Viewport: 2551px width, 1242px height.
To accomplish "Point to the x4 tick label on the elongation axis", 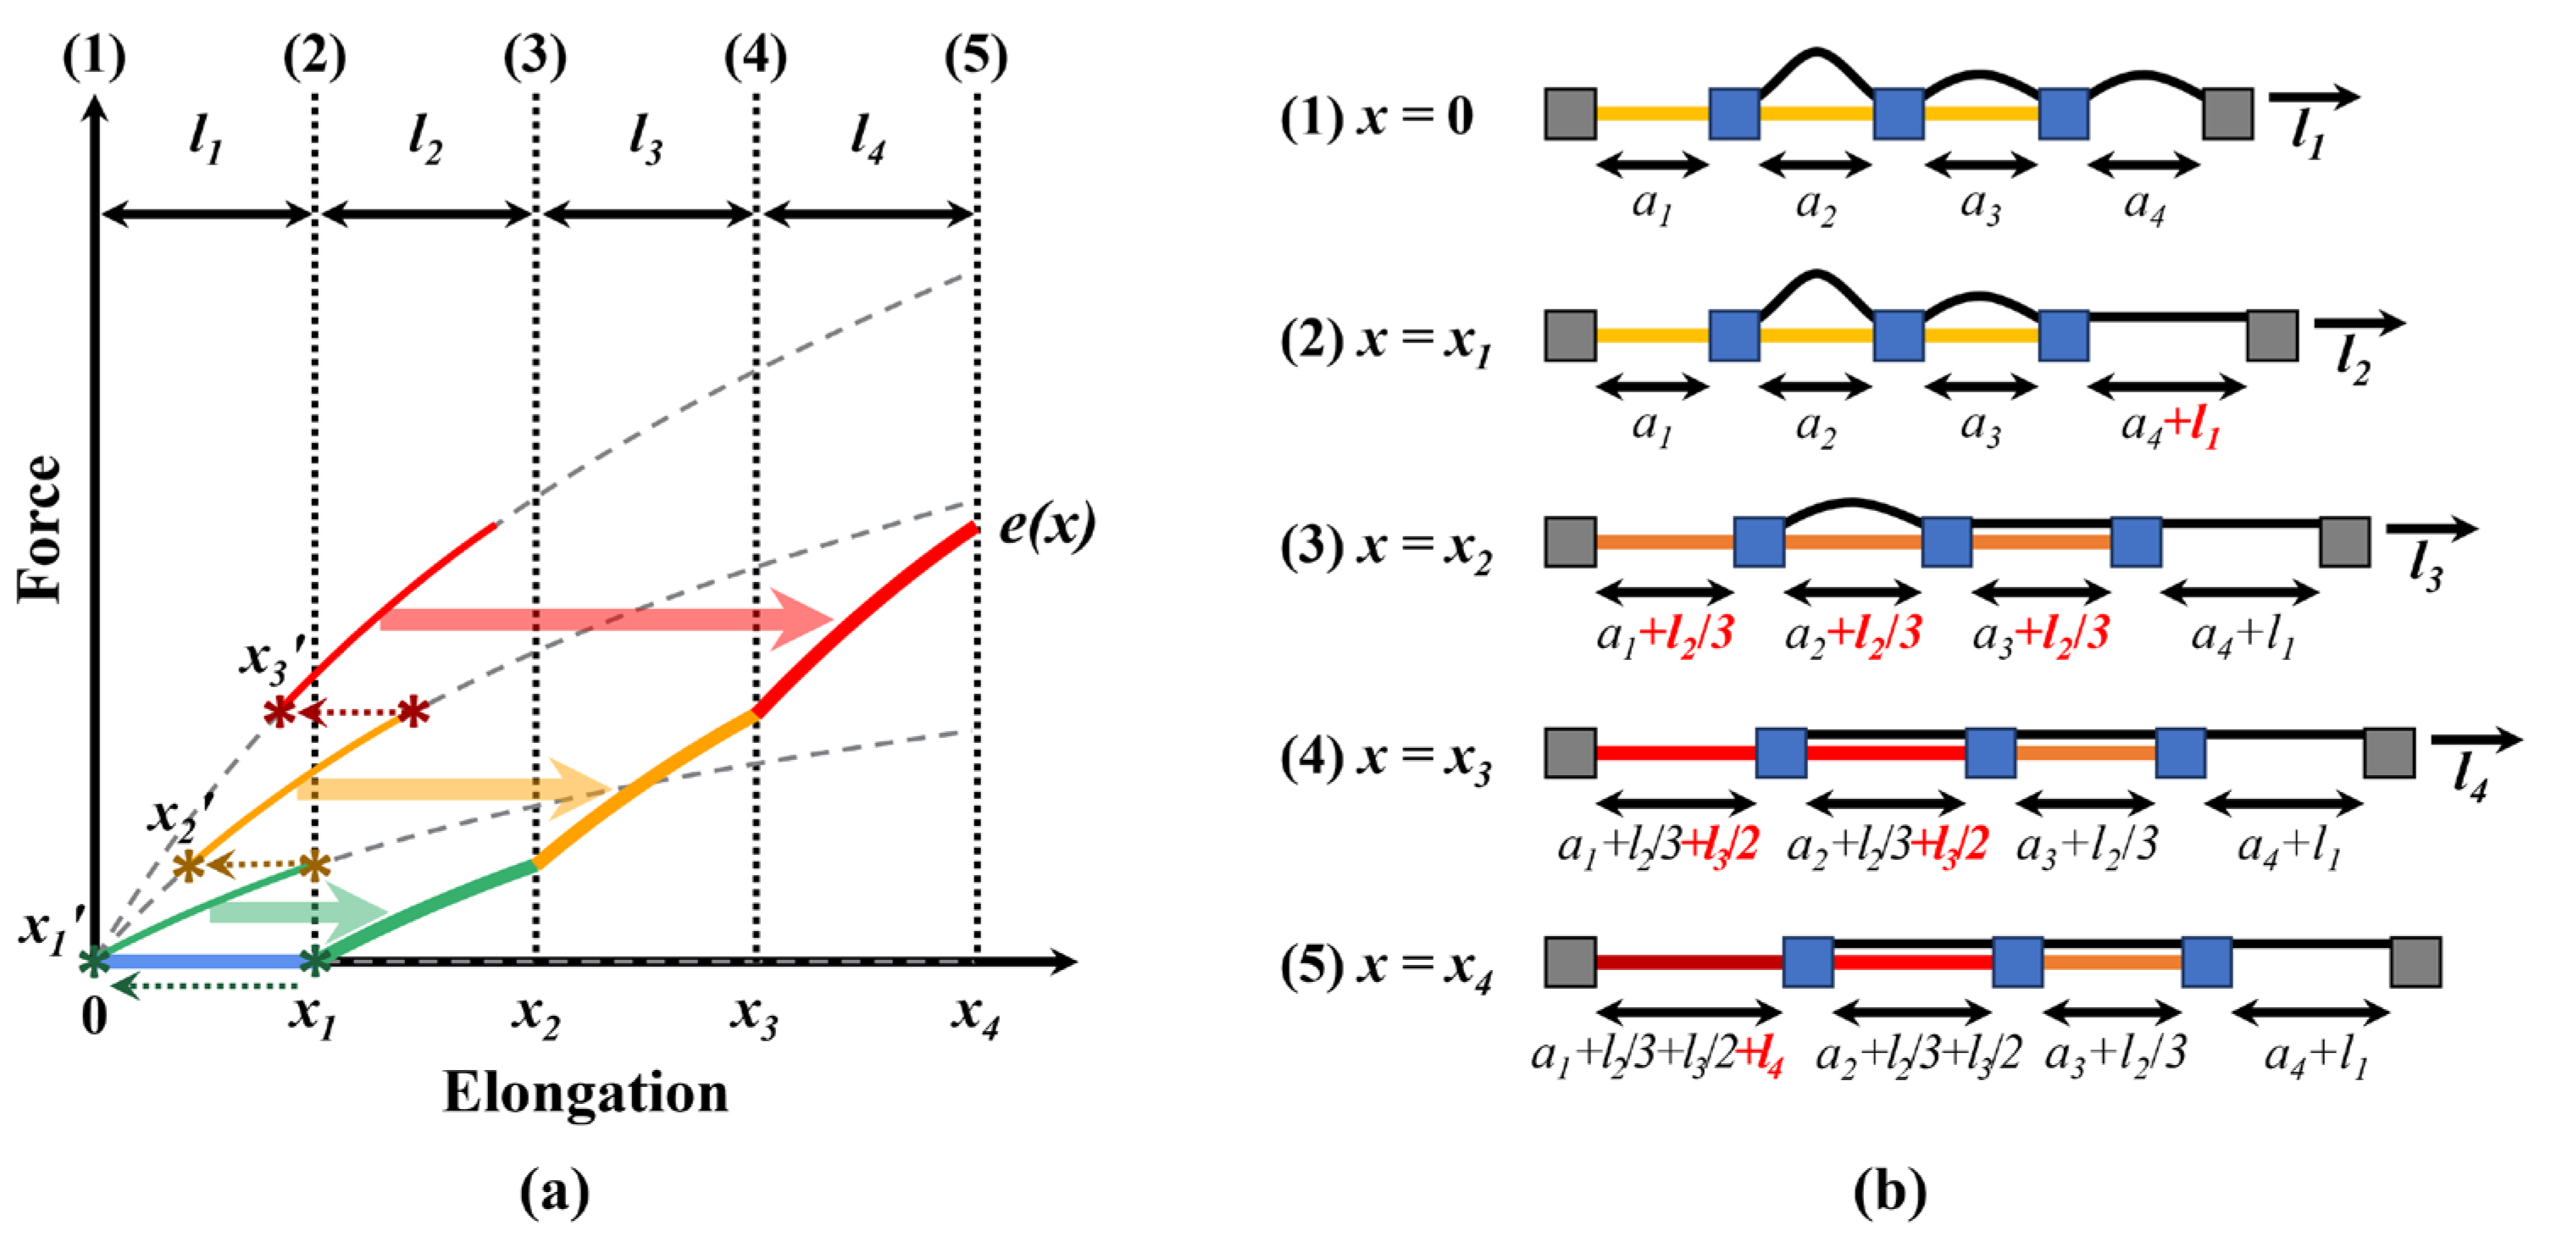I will point(975,1014).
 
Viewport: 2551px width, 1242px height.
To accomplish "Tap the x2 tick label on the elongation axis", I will point(535,1016).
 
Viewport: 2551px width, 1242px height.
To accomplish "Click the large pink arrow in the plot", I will point(604,619).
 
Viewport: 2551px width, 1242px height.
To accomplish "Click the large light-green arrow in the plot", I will point(297,912).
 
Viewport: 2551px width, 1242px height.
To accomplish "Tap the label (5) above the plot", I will point(975,57).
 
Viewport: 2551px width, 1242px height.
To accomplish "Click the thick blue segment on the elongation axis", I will point(203,960).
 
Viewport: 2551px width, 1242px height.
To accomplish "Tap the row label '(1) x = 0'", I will point(1377,118).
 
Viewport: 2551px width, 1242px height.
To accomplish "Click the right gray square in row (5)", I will point(2415,962).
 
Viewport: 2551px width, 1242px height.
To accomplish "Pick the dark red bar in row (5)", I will point(1689,962).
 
